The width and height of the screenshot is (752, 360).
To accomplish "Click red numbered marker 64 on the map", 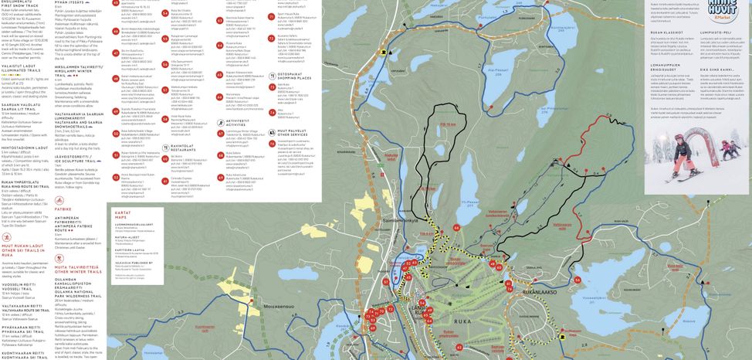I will click(456, 228).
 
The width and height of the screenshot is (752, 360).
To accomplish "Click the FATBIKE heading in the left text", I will click(63, 209).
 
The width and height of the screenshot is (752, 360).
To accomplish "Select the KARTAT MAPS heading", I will click(123, 212).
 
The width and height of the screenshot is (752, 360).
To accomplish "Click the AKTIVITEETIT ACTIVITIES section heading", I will click(238, 121).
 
